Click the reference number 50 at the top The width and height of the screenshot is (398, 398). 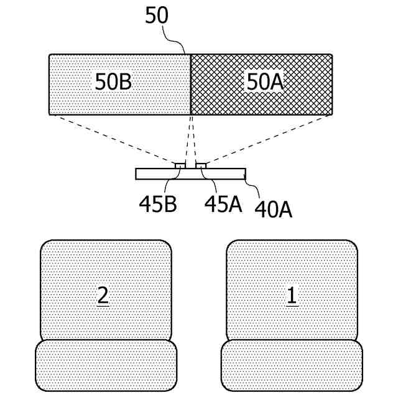tap(157, 15)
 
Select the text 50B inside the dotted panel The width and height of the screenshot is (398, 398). tap(113, 81)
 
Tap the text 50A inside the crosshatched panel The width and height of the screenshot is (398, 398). tap(266, 81)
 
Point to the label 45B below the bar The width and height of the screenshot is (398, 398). tap(157, 204)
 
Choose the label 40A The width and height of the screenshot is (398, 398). tap(272, 209)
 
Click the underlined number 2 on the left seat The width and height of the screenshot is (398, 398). tap(103, 296)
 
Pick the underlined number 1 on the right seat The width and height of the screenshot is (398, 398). tap(291, 296)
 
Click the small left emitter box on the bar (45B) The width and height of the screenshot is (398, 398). tap(179, 165)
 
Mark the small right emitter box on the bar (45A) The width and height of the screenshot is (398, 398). tap(201, 165)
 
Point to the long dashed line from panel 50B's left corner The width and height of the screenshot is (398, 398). tap(112, 140)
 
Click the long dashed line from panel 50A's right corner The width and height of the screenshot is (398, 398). tap(267, 140)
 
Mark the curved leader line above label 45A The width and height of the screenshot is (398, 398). tap(210, 180)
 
